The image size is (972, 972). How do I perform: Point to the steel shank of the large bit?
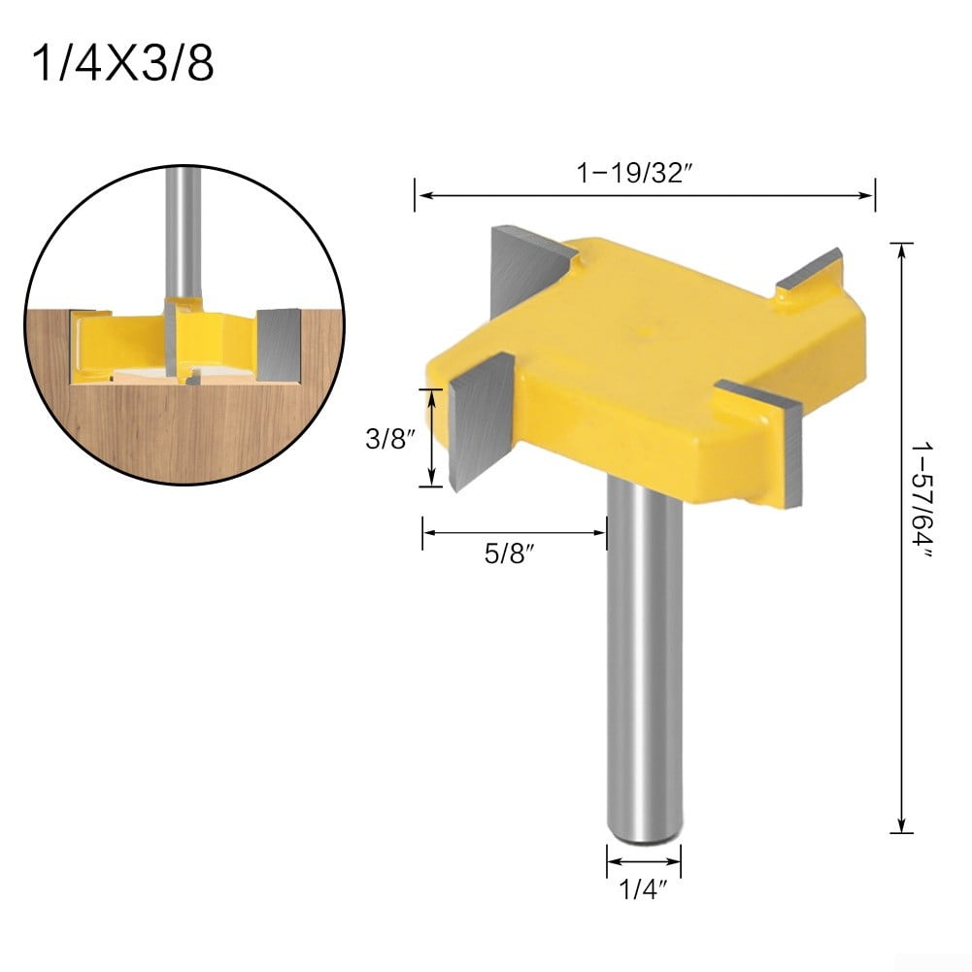tap(643, 680)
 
